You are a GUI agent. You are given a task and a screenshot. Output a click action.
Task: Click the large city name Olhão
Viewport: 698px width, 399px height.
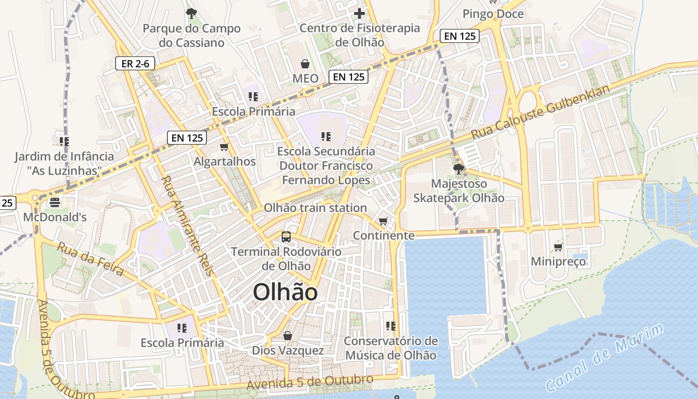pyautogui.click(x=285, y=292)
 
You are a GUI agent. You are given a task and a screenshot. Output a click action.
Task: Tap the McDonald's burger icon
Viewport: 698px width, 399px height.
pyautogui.click(x=54, y=202)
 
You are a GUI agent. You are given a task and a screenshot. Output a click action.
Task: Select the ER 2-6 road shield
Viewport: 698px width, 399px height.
pyautogui.click(x=135, y=64)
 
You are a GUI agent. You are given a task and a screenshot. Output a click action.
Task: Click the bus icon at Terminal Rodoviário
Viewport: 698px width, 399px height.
pyautogui.click(x=286, y=237)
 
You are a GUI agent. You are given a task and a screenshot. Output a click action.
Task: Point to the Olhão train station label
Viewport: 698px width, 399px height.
pyautogui.click(x=315, y=208)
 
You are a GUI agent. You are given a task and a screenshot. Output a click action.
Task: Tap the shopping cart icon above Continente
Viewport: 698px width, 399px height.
pyautogui.click(x=383, y=221)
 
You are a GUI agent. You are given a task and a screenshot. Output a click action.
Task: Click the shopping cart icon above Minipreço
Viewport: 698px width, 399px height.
pyautogui.click(x=558, y=247)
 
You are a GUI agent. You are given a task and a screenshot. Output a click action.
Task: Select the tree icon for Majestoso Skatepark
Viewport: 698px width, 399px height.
pyautogui.click(x=459, y=169)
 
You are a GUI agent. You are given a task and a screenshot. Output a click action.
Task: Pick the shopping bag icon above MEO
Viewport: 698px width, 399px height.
pyautogui.click(x=305, y=64)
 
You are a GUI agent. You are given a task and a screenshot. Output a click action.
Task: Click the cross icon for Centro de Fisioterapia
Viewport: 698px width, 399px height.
pyautogui.click(x=359, y=13)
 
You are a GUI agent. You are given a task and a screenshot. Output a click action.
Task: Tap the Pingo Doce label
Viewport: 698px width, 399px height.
pyautogui.click(x=493, y=14)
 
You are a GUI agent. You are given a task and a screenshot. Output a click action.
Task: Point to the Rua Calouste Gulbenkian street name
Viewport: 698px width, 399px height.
pyautogui.click(x=540, y=113)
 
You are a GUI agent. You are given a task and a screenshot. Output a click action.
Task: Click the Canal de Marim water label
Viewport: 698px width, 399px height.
pyautogui.click(x=604, y=357)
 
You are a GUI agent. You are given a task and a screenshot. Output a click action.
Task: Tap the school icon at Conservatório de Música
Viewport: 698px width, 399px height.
pyautogui.click(x=391, y=326)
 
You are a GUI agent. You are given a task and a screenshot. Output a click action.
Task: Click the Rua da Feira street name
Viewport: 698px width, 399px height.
pyautogui.click(x=90, y=259)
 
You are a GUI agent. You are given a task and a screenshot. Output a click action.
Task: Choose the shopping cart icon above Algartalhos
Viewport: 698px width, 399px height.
pyautogui.click(x=224, y=147)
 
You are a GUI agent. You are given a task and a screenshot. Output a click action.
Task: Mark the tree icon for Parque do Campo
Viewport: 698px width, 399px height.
pyautogui.click(x=191, y=13)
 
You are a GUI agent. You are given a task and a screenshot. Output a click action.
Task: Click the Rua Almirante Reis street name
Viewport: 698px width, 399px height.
pyautogui.click(x=187, y=225)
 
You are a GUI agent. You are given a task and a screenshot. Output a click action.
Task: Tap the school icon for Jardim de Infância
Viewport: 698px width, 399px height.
pyautogui.click(x=64, y=142)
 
